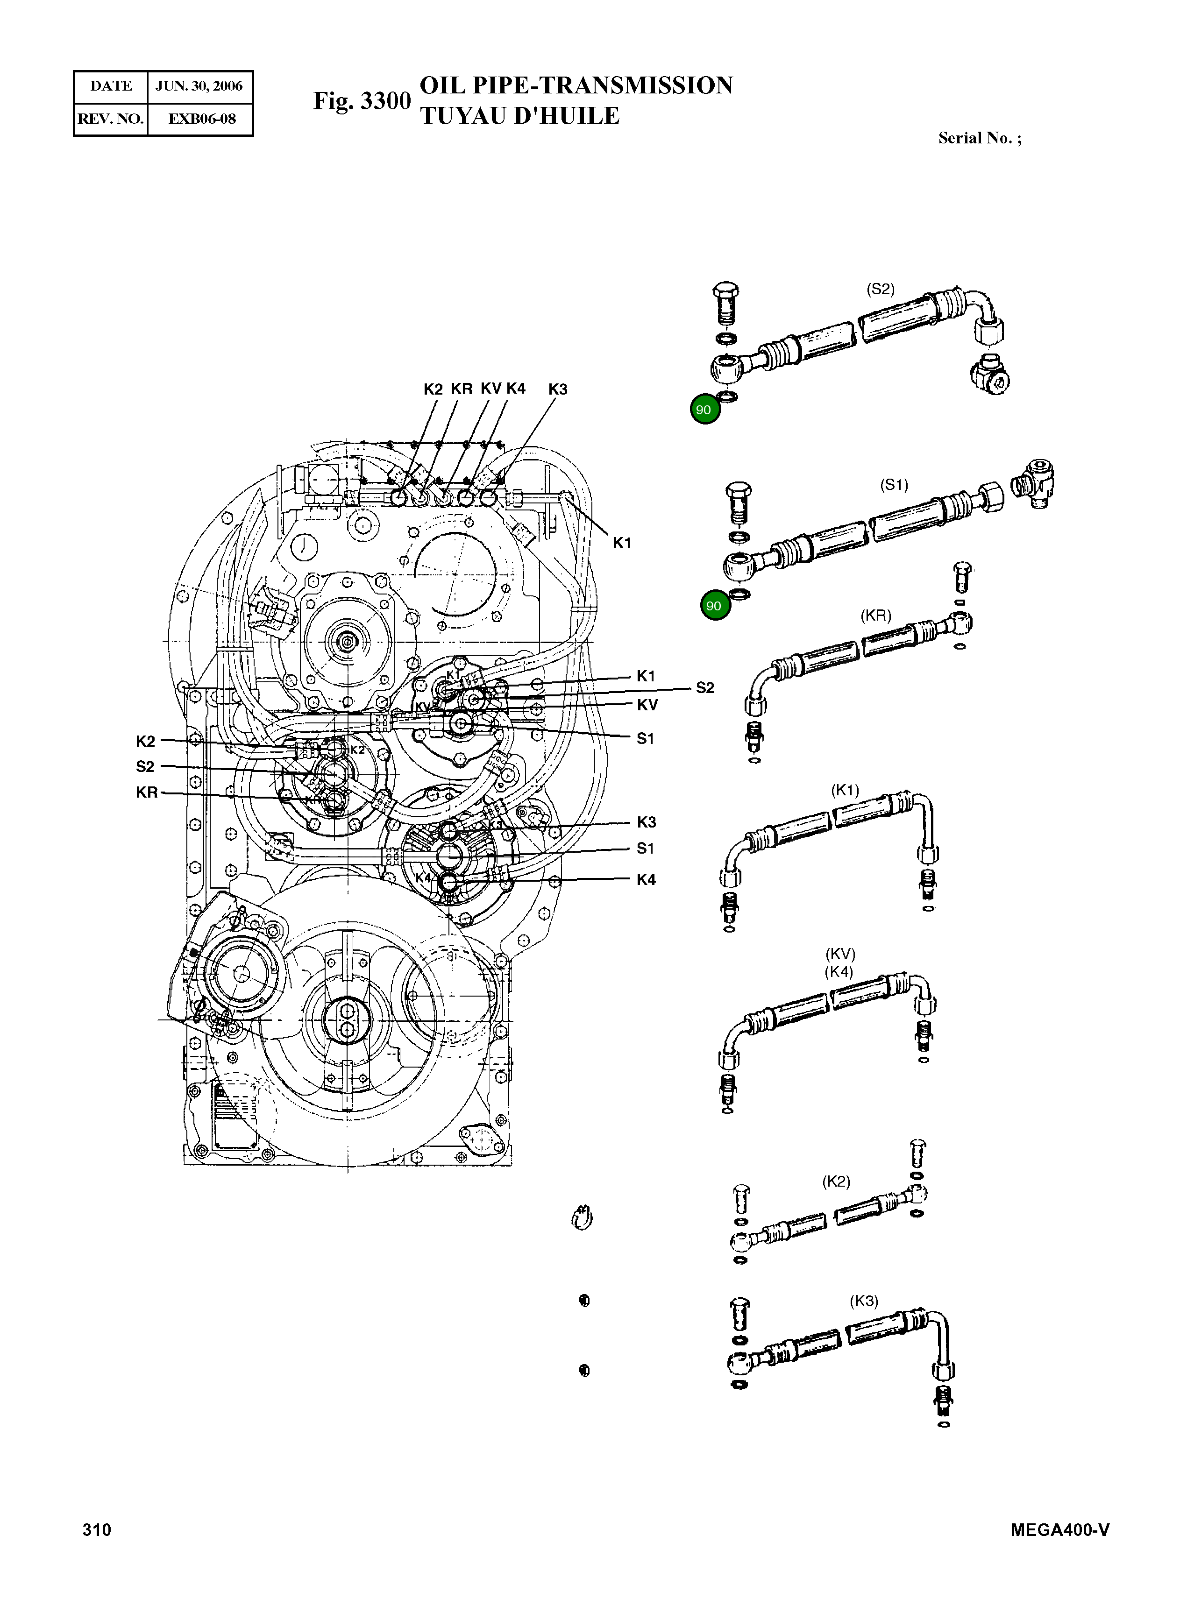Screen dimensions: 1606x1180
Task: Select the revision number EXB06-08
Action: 201,119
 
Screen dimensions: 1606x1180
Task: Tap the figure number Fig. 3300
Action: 362,101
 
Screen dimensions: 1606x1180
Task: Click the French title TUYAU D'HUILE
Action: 519,116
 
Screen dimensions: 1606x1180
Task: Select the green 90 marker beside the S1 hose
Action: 714,606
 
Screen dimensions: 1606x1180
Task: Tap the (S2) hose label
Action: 880,289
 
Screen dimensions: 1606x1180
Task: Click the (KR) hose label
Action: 876,616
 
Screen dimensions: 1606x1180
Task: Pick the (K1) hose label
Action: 845,790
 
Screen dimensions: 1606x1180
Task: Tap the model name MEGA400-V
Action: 1060,1529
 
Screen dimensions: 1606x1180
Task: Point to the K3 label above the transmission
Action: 558,389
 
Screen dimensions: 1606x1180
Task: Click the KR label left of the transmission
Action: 146,792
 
